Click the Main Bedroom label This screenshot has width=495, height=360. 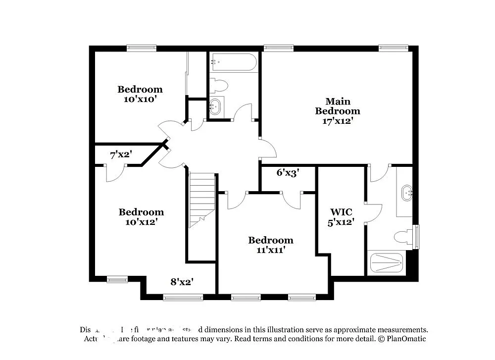coord(338,106)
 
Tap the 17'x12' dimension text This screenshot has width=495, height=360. coord(338,120)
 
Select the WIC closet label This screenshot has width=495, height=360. coord(342,212)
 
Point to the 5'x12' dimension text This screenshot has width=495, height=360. coord(342,222)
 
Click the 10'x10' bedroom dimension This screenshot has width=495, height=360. coord(140,99)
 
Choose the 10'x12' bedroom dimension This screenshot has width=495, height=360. coord(141,222)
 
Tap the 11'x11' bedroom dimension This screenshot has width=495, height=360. coord(270,250)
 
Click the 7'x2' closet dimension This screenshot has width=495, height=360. coord(120,155)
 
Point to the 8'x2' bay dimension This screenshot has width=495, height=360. coord(182,282)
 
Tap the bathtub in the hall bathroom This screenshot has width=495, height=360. coord(233,63)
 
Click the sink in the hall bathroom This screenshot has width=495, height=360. coord(215,106)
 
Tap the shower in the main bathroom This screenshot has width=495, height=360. coord(387,262)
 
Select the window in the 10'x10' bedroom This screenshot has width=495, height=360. coord(141,48)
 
